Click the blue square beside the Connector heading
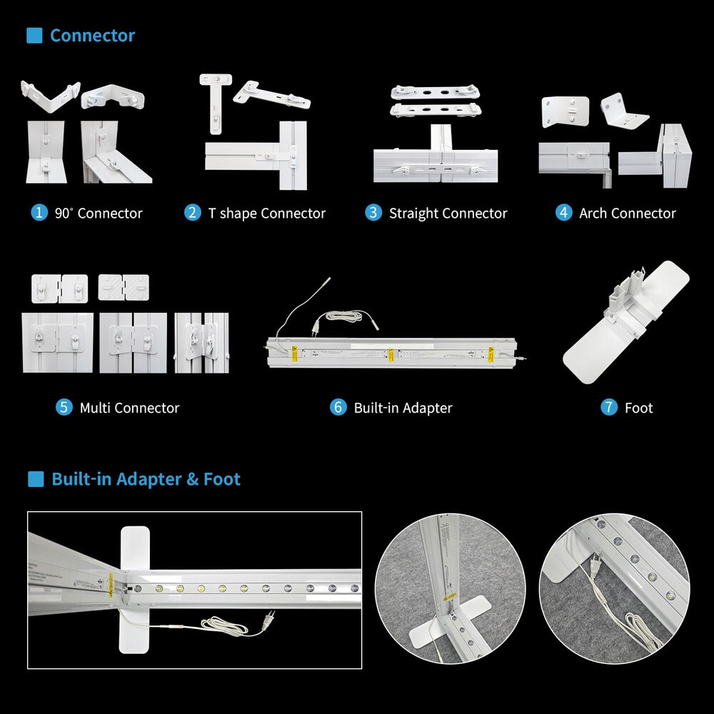coord(34,36)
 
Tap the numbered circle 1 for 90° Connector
coord(39,212)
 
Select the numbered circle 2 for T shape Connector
coord(193,212)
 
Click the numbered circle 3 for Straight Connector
coord(373,212)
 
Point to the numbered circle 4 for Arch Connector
coord(564,212)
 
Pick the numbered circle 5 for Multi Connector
coord(64,407)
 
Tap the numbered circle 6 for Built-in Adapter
coord(338,407)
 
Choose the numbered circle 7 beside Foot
coord(609,407)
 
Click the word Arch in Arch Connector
coord(593,213)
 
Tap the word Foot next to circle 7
coord(639,408)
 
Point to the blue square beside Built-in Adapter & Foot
coord(36,479)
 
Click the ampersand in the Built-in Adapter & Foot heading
coord(193,479)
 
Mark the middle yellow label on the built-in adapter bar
coord(391,355)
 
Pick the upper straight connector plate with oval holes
coord(436,92)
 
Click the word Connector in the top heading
coord(92,36)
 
